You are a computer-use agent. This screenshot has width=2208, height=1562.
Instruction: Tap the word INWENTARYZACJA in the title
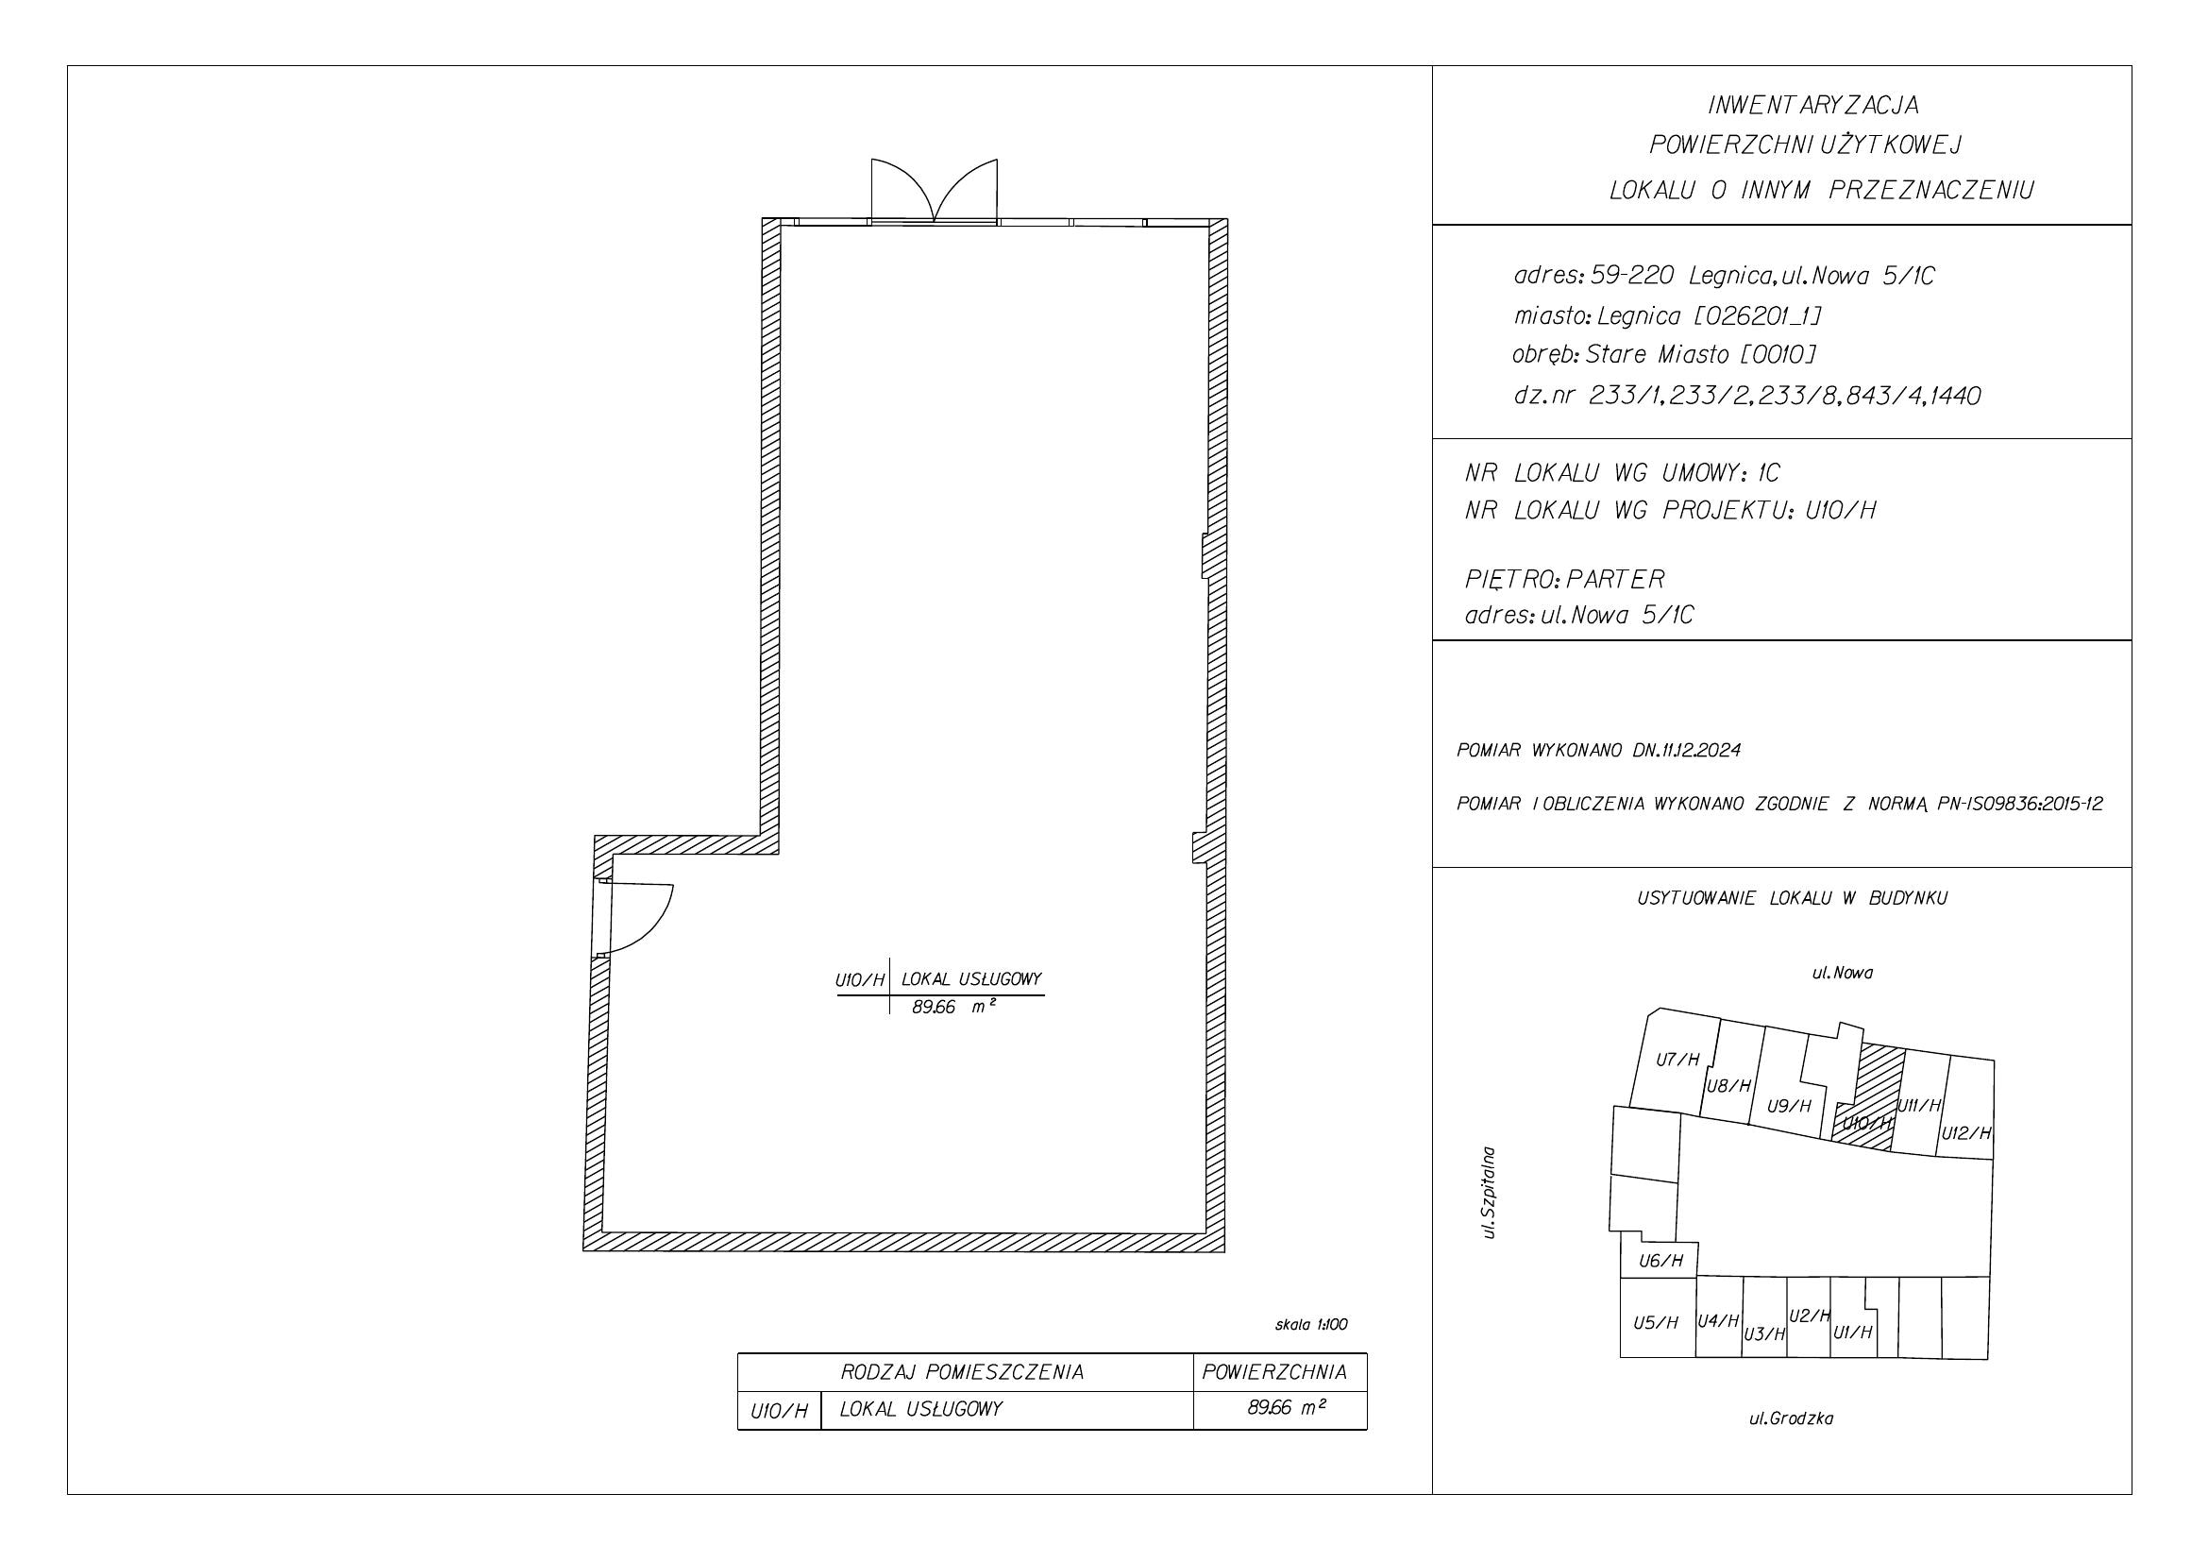(x=1812, y=104)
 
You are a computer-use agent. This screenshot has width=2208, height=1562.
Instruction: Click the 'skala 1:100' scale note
(x=1311, y=1324)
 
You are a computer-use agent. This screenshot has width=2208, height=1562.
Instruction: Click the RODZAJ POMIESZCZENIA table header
(x=962, y=1372)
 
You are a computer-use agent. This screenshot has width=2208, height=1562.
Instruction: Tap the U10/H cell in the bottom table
(x=778, y=1411)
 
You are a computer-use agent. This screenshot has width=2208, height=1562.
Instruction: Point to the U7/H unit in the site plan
(x=1677, y=1060)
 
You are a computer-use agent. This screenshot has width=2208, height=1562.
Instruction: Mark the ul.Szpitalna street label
(x=1490, y=1192)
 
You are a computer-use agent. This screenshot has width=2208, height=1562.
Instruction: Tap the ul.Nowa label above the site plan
(x=1843, y=973)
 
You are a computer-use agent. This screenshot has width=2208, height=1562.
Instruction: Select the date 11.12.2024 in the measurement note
(x=1700, y=750)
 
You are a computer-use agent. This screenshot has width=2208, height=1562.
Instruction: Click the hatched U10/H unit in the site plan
(x=1870, y=1096)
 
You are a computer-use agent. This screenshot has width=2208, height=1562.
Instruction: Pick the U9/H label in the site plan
(x=1789, y=1106)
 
